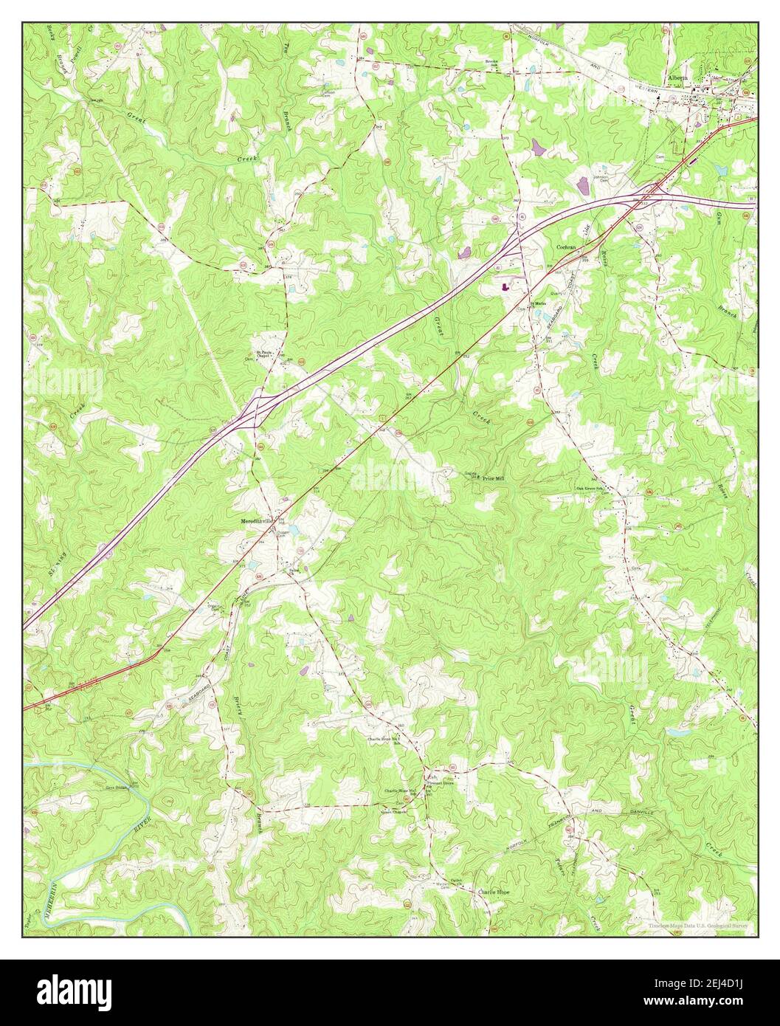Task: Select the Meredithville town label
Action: pyautogui.click(x=252, y=520)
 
